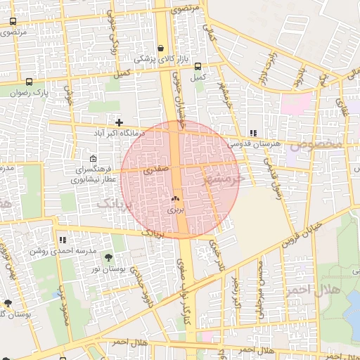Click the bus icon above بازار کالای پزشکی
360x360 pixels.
(x=161, y=49)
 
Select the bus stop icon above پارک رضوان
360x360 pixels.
(x=29, y=82)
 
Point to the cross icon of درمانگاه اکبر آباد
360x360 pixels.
(x=120, y=122)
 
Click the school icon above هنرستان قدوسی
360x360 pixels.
(x=252, y=132)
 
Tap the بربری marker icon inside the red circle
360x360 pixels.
(x=175, y=200)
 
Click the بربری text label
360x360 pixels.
(x=175, y=210)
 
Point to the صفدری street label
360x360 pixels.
(x=156, y=169)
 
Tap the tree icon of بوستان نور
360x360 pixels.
(x=108, y=257)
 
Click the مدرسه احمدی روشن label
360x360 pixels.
(x=58, y=250)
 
